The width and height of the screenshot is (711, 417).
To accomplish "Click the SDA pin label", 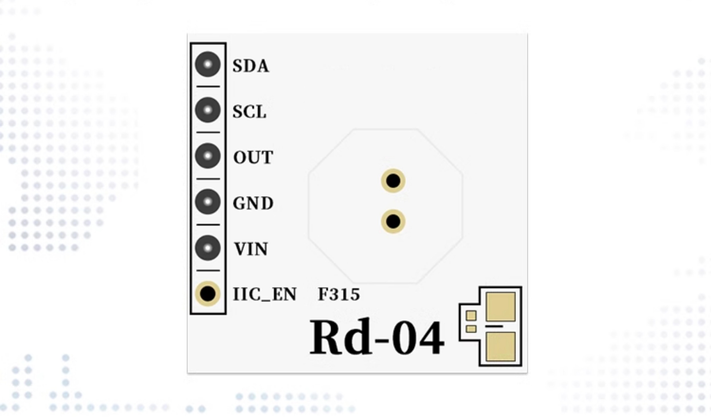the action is (251, 66).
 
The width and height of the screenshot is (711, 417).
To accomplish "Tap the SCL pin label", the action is (249, 112).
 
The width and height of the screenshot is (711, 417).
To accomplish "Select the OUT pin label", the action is (253, 157).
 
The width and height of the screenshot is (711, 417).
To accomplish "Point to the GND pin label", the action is (253, 203).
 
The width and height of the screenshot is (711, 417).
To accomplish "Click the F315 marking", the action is (339, 294).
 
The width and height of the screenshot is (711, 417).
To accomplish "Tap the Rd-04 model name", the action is (377, 337).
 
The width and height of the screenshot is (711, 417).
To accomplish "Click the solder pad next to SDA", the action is (208, 64).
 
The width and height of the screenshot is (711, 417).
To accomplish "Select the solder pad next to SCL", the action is (208, 110).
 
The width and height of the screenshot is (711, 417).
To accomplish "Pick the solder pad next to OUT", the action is (208, 156).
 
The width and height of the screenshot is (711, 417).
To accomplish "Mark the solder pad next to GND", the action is (208, 202).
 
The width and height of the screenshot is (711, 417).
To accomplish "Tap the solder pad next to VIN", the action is (208, 248).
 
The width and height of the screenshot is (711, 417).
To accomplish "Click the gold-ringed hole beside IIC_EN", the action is (208, 294).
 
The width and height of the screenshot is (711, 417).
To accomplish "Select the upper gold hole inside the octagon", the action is (393, 181).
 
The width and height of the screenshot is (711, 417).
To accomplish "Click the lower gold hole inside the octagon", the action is (393, 221).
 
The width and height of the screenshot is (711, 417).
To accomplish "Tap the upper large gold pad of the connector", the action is (501, 307).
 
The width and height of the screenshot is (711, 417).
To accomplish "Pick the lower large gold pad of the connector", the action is (501, 346).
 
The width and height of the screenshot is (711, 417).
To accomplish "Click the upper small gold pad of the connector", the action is (471, 315).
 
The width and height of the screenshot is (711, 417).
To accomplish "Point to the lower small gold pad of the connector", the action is (471, 329).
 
